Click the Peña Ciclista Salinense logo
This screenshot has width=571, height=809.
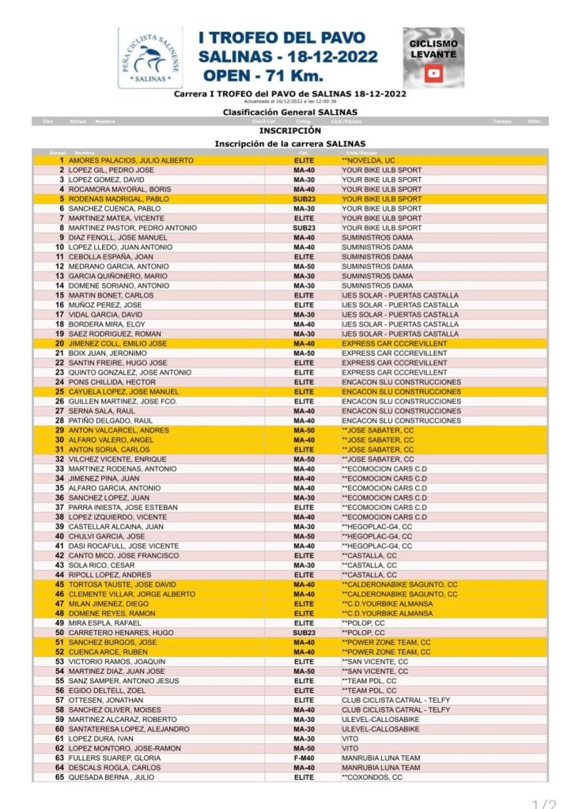click(149, 58)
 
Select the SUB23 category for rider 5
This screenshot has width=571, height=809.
click(304, 199)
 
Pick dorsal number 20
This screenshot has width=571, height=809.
click(59, 343)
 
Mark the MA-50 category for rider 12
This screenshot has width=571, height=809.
click(304, 267)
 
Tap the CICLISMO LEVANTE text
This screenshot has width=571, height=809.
click(433, 48)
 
